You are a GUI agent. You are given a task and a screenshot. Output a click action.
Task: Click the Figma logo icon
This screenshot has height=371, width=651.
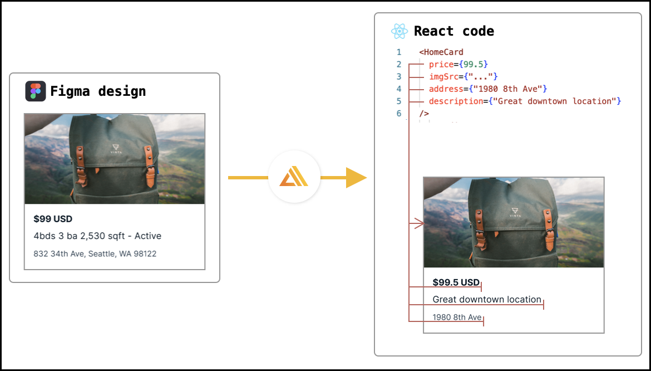[36, 91]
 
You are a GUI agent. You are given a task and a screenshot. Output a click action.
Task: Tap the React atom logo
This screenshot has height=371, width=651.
[400, 31]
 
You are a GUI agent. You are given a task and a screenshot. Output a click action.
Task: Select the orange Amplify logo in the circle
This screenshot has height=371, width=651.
[294, 178]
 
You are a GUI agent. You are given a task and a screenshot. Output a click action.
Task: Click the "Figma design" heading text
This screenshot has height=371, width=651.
[98, 91]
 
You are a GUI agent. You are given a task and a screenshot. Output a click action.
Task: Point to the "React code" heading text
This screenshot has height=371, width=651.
[454, 31]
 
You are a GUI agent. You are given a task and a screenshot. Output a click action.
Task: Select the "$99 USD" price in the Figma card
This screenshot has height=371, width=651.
[53, 219]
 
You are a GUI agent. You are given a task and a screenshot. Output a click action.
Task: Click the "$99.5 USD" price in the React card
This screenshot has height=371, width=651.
[456, 282]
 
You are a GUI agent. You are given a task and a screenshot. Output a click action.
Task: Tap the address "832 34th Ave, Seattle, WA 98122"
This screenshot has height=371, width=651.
[95, 254]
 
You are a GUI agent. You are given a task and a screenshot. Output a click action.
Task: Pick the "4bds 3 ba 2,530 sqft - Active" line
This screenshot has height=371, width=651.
[97, 236]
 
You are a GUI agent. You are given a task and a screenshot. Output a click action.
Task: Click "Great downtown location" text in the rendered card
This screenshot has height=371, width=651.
[487, 300]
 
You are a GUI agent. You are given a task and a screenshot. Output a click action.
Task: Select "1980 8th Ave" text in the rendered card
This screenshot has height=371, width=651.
[457, 318]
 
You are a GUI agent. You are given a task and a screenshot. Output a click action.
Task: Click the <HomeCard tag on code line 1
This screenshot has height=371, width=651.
[441, 52]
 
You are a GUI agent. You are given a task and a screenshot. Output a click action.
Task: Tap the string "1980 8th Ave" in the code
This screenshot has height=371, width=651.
[508, 89]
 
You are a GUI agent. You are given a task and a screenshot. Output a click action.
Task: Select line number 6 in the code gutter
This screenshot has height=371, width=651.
[398, 114]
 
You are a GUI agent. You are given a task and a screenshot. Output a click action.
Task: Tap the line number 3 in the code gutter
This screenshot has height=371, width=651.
[398, 77]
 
